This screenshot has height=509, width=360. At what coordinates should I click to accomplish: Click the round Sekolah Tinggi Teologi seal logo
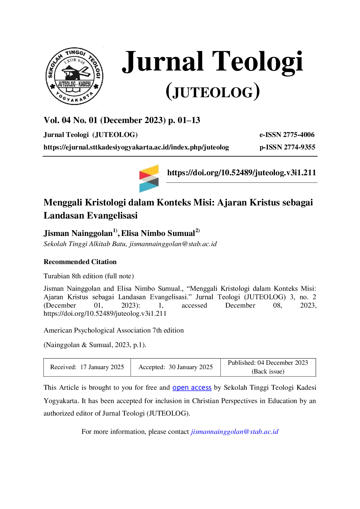point(74,76)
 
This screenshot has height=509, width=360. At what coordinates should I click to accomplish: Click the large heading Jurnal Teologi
point(213,62)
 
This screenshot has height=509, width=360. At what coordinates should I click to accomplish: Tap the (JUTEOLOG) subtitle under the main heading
point(213,92)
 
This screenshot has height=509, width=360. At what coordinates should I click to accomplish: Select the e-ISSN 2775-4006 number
point(287,135)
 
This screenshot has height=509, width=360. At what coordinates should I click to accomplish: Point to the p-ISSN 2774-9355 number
point(287,147)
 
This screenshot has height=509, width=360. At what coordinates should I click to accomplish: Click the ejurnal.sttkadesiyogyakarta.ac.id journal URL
point(136,147)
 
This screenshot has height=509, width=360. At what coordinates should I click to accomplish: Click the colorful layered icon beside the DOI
point(149,178)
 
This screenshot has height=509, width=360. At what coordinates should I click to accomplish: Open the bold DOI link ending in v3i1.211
point(242,173)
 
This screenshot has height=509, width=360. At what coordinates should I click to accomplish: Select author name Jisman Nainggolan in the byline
point(78,233)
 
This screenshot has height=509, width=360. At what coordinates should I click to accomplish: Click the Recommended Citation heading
point(80,262)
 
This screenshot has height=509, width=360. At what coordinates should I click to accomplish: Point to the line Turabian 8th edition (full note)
point(89,276)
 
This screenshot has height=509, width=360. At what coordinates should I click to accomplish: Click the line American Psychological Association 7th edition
point(114,331)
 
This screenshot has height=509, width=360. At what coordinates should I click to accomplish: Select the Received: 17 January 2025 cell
point(87,367)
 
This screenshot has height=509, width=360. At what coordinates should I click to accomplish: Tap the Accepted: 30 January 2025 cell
point(176,367)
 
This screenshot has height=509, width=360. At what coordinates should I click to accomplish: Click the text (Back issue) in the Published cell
point(268,371)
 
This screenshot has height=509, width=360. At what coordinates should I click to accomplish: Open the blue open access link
point(192,388)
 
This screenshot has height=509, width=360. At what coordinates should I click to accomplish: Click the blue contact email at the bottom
point(235,432)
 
